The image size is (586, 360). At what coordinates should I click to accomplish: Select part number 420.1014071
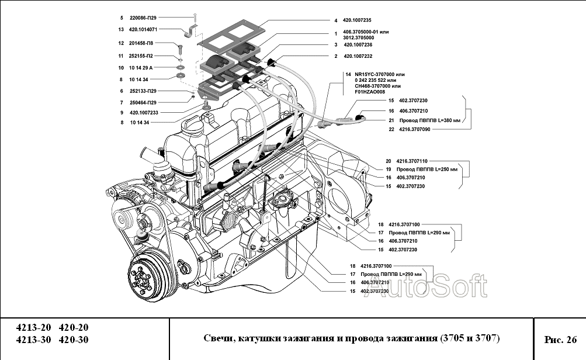[x=142, y=29]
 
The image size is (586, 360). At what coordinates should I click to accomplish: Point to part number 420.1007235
[x=357, y=20]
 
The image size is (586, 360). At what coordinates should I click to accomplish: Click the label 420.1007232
[x=357, y=56]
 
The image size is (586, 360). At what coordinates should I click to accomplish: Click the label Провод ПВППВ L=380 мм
[x=429, y=120]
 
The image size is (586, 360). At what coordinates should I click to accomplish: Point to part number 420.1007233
[x=144, y=112]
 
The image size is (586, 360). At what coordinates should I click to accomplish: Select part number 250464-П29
[x=143, y=102]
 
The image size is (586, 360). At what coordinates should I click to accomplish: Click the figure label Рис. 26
[x=560, y=340]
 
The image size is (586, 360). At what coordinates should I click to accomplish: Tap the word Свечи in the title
[x=218, y=339]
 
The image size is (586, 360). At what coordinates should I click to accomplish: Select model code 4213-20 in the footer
[x=33, y=327]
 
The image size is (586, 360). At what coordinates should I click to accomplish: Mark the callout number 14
[x=348, y=75]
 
